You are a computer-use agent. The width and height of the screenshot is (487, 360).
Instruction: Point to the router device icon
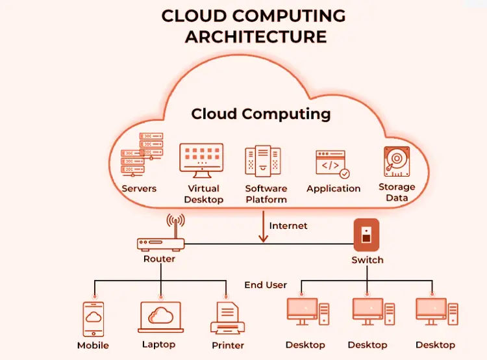pyautogui.click(x=161, y=243)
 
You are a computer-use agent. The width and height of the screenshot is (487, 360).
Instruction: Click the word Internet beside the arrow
pyautogui.click(x=288, y=226)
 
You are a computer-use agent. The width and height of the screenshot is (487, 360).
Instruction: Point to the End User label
pyautogui.click(x=266, y=285)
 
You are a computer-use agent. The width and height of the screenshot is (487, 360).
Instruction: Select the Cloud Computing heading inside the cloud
pyautogui.click(x=260, y=114)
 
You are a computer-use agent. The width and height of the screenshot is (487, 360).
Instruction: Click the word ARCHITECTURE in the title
pyautogui.click(x=255, y=37)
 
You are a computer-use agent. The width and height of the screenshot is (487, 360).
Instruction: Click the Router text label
pyautogui.click(x=160, y=259)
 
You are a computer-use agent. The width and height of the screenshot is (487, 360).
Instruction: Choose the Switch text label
pyautogui.click(x=368, y=260)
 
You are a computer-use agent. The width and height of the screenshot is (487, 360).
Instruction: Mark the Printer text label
pyautogui.click(x=227, y=346)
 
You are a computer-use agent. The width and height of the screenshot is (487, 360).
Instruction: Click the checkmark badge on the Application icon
pyautogui.click(x=345, y=174)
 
